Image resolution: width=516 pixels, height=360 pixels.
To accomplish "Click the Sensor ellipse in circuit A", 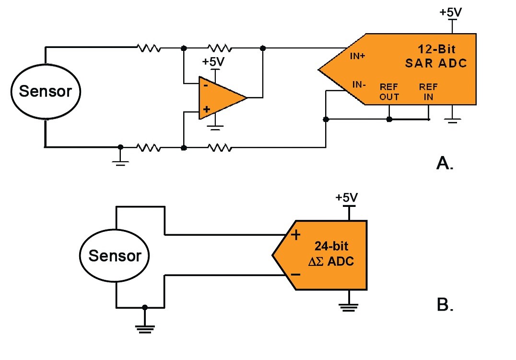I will (46, 91).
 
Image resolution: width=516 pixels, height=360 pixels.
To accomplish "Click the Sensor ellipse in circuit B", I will (115, 255).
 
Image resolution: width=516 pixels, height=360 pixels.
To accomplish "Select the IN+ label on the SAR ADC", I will (358, 56).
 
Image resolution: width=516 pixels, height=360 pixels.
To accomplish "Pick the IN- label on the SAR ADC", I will (360, 84).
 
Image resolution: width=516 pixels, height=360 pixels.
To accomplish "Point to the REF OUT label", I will (389, 92).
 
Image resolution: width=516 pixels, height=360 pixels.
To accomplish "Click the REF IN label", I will (428, 92).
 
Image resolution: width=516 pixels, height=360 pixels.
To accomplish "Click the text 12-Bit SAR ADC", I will (435, 57).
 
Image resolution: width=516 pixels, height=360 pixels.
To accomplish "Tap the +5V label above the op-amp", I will (213, 62).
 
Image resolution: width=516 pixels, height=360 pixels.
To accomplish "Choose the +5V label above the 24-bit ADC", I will (346, 197).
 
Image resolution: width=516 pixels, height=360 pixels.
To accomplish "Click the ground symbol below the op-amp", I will (216, 127).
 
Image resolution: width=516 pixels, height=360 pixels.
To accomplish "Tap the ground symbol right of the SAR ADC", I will (452, 120).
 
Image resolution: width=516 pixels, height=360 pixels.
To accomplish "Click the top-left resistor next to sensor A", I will (148, 48).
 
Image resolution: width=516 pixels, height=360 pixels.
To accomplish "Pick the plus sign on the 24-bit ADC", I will (295, 235).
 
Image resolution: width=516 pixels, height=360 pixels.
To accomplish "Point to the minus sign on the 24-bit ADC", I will (295, 275).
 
